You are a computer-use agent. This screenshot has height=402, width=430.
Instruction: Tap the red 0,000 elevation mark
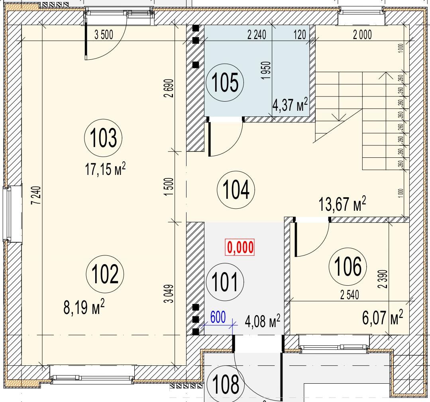click(240, 247)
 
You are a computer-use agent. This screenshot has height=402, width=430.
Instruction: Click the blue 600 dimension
click(218, 317)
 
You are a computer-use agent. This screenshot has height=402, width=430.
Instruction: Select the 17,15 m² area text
click(105, 169)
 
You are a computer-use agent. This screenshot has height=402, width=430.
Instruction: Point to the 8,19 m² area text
click(84, 307)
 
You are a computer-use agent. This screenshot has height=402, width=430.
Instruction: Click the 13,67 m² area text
click(342, 204)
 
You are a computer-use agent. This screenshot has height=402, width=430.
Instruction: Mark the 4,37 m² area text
click(290, 104)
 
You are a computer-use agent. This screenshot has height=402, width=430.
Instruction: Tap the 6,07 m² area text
click(383, 318)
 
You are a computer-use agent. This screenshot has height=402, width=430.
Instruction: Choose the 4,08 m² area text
click(263, 321)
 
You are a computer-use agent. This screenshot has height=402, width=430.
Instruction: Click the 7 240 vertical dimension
click(37, 195)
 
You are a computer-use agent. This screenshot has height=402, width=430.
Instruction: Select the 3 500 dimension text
click(104, 35)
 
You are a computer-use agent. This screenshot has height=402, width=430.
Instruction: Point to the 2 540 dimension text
click(349, 295)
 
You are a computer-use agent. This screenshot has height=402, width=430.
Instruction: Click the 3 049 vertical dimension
click(169, 293)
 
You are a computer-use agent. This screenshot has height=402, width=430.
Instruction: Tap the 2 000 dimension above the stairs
click(362, 35)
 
